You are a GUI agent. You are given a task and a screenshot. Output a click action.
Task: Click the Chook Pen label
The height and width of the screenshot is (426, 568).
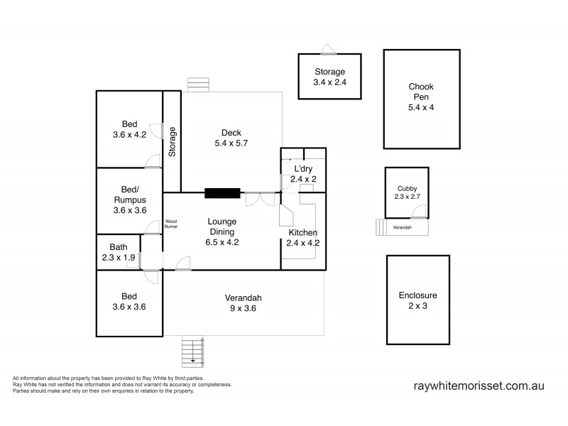(x=420, y=97)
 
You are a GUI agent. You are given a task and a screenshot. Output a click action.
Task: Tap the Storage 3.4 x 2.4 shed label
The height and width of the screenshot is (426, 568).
(x=329, y=77)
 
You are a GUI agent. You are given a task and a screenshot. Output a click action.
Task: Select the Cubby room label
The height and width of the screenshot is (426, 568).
(x=407, y=192)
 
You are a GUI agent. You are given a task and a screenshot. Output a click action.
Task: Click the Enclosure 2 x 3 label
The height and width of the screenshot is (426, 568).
(x=418, y=300)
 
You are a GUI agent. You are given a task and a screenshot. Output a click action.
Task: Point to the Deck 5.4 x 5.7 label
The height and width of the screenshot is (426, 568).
(x=231, y=138)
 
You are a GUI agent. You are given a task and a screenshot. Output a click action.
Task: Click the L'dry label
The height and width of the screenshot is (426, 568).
(x=303, y=174)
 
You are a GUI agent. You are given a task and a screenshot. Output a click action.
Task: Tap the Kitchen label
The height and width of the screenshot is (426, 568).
(x=303, y=237)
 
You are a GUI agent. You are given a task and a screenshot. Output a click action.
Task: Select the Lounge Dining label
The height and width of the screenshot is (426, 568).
(x=222, y=231)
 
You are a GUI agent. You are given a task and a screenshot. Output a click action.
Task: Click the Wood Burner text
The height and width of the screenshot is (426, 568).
(x=171, y=224)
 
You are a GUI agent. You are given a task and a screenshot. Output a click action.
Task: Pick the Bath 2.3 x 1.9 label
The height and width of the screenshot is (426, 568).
(x=119, y=253)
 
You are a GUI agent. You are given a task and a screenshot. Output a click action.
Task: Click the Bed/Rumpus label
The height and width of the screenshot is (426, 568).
(x=129, y=200)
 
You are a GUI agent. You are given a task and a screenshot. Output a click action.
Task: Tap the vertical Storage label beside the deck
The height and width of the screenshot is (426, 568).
(x=172, y=141)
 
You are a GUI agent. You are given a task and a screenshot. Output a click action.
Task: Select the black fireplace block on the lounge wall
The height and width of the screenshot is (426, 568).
(x=222, y=192)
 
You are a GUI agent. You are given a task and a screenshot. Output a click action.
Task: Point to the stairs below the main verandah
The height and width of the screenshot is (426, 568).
(x=193, y=350)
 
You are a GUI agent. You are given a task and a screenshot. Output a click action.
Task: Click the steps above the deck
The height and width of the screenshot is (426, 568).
(x=199, y=84)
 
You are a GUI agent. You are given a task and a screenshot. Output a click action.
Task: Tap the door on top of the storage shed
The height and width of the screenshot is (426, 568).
(x=329, y=49)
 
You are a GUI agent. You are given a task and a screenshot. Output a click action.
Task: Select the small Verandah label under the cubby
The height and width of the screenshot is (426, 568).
(x=403, y=226)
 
